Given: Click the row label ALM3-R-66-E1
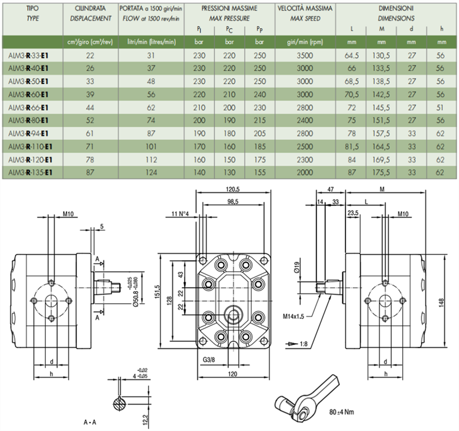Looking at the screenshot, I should point(26,107).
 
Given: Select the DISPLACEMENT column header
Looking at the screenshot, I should point(91,18).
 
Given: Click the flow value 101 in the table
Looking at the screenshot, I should point(152,146).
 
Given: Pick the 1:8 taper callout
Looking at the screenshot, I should point(304,344).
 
